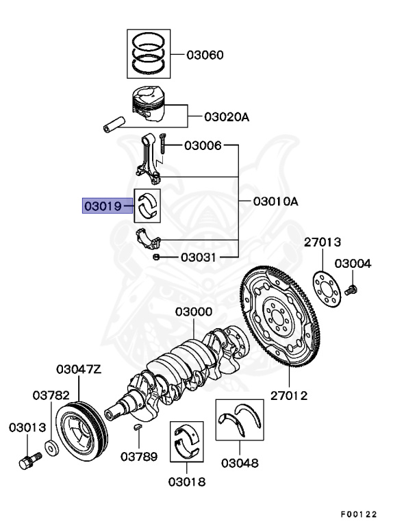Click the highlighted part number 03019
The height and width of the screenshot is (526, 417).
tap(103, 205)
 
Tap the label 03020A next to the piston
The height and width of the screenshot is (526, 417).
tap(227, 117)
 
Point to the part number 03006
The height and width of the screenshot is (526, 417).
tap(203, 146)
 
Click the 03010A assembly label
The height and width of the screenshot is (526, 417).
tap(276, 201)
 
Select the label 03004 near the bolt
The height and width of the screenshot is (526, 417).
tap(353, 264)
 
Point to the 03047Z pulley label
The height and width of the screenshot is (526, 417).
tap(79, 370)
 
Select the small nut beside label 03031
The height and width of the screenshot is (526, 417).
tap(157, 257)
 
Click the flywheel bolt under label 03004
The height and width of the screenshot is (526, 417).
tap(351, 291)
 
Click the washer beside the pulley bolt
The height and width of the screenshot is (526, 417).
tap(51, 451)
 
